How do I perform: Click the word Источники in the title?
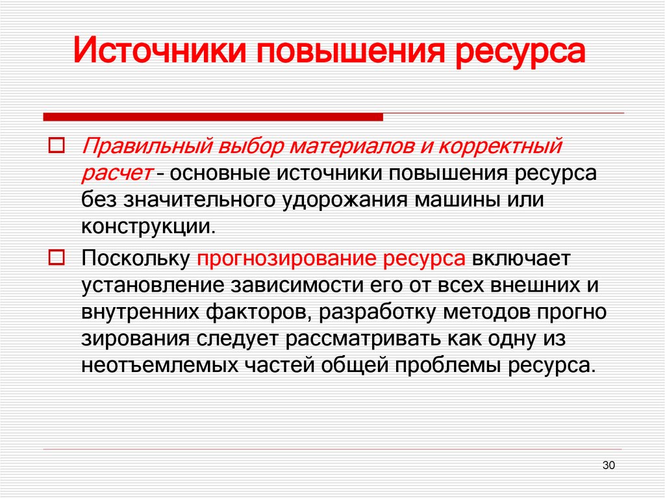pos(158,52)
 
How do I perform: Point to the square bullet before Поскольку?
pos(55,257)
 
